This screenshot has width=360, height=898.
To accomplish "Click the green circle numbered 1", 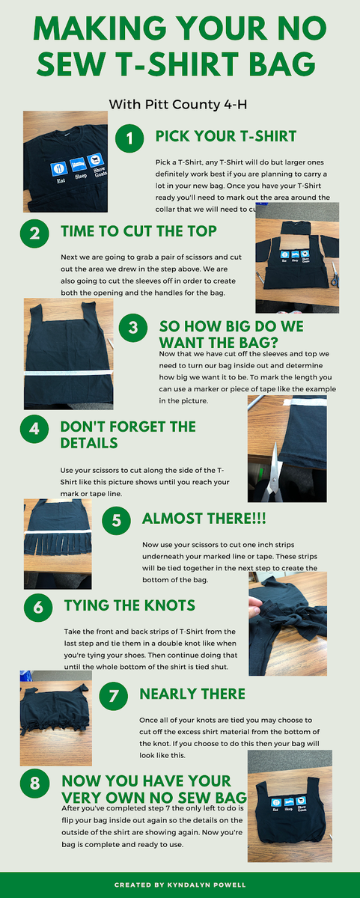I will coord(130,138).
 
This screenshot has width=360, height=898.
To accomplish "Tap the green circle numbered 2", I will coord(34,233).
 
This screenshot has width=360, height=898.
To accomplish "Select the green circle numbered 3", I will coord(133,328).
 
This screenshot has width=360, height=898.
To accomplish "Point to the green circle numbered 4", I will coord(34,430).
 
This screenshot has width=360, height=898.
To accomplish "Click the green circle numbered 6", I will coord(38,608).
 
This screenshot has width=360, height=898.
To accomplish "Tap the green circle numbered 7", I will coord(114,695).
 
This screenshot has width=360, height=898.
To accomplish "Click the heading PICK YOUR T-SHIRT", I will coord(225,136).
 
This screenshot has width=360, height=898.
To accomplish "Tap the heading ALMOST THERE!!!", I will coord(204,519).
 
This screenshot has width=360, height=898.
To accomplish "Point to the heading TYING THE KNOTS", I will coord(130,605).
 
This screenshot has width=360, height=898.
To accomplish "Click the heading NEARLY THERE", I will coord(192,694).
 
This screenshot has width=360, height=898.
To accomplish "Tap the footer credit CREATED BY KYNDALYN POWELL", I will coord(180,885).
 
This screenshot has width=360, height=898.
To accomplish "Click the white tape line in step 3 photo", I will coord(68,371).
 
